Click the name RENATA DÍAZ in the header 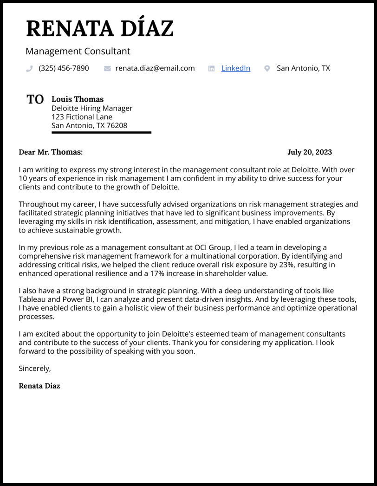click(x=100, y=28)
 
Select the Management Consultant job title click(x=78, y=52)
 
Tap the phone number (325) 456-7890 click(x=64, y=68)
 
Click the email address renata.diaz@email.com click(x=155, y=68)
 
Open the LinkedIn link click(x=235, y=68)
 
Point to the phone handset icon click(x=29, y=69)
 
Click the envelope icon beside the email click(x=107, y=69)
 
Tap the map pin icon click(x=267, y=69)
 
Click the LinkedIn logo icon click(x=211, y=69)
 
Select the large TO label click(x=35, y=99)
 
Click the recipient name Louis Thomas click(x=78, y=99)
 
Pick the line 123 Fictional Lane click(x=82, y=117)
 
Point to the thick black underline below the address click(x=101, y=132)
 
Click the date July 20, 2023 click(x=310, y=152)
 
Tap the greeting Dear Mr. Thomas click(x=51, y=152)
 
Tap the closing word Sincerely click(x=34, y=369)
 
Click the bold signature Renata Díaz click(x=39, y=386)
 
